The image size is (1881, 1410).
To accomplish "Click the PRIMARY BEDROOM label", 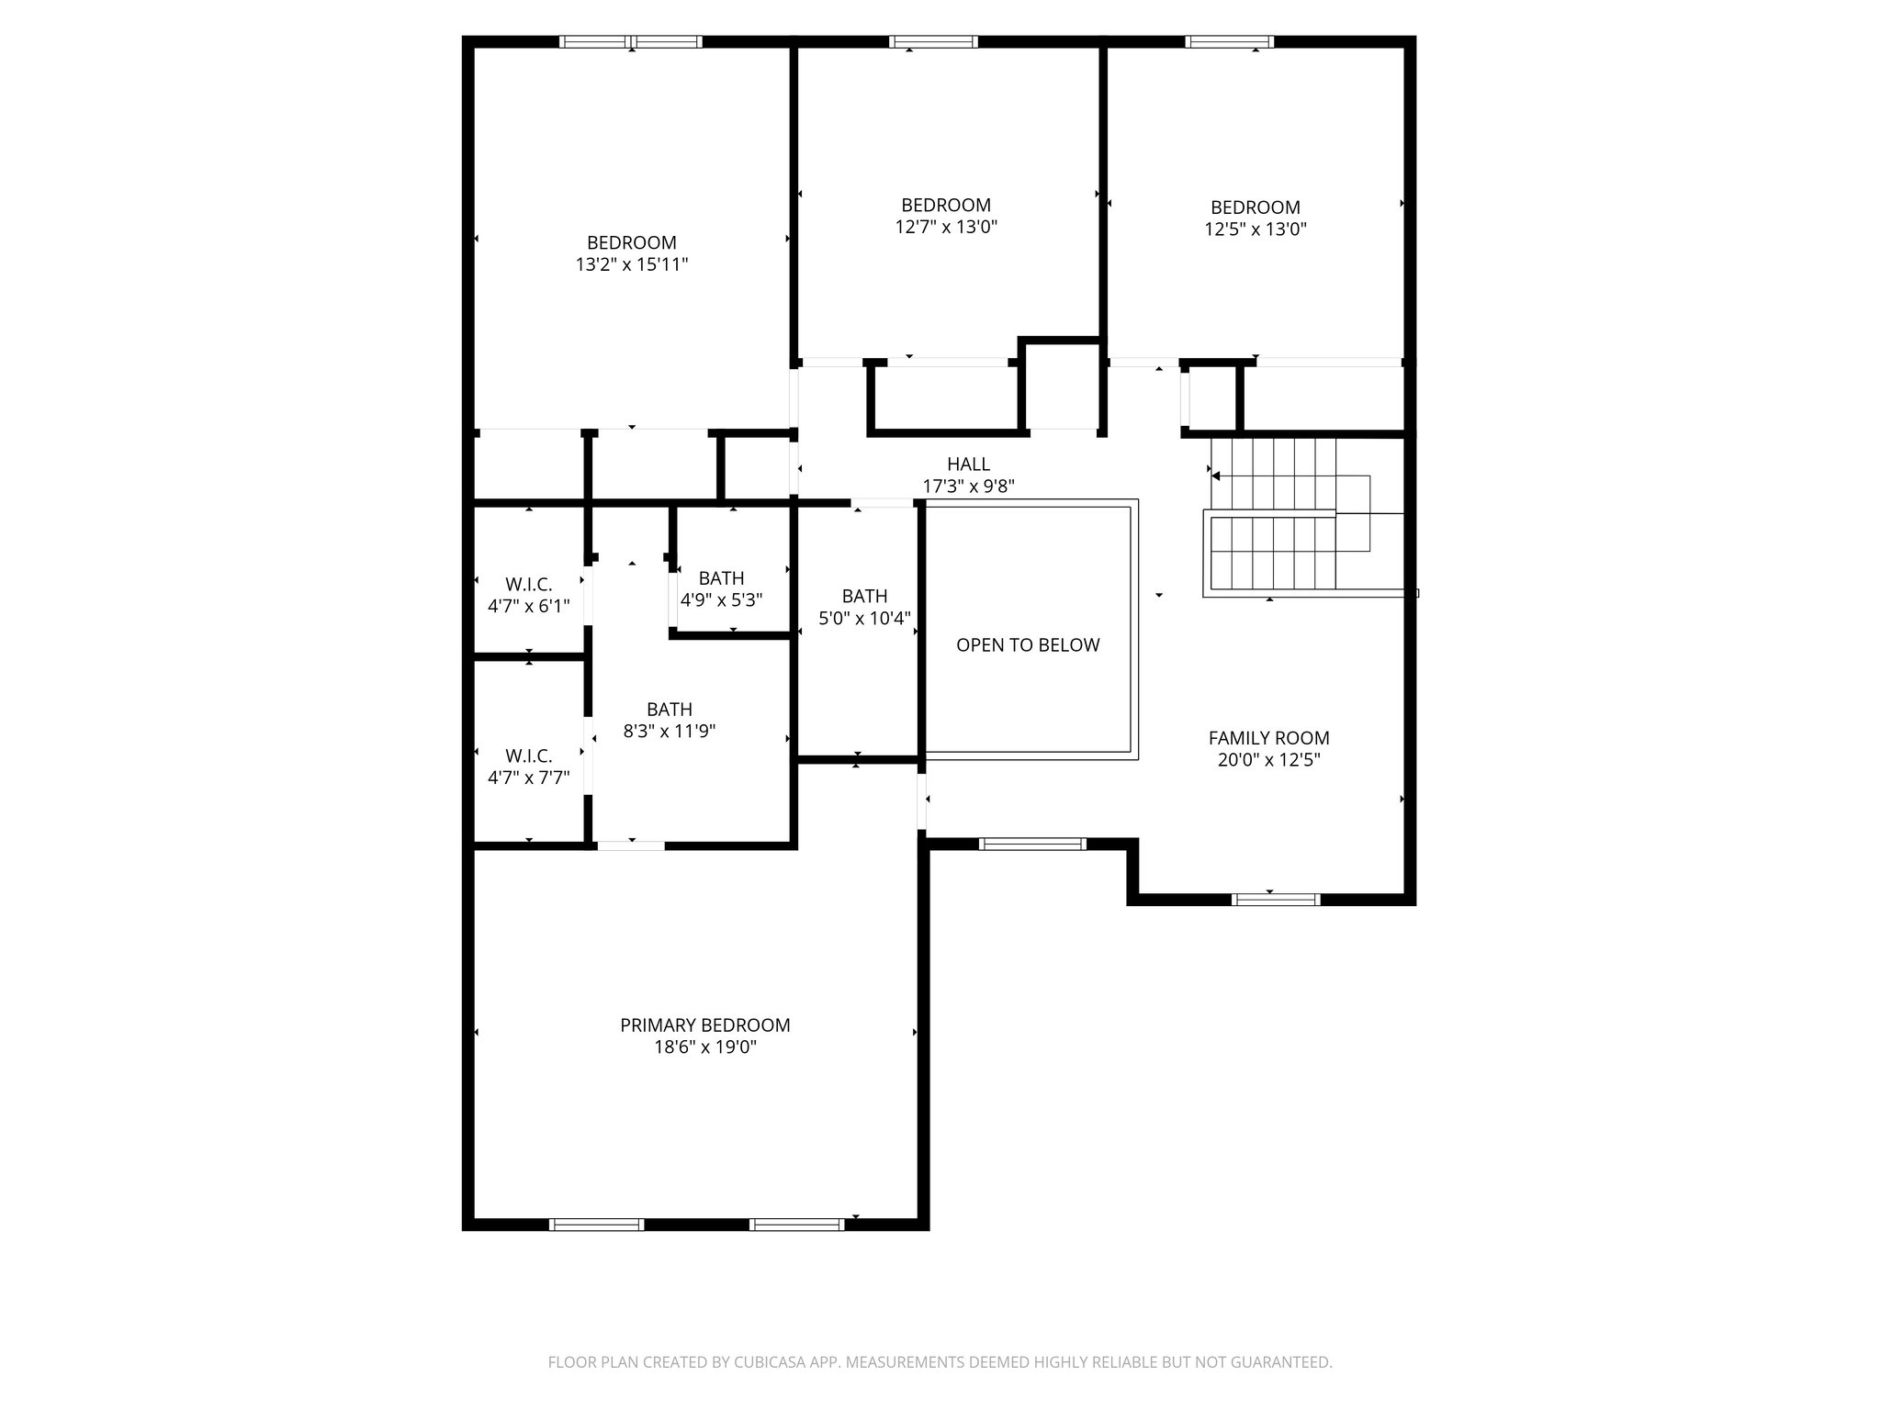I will [704, 1025].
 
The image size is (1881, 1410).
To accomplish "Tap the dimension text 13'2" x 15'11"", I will [632, 265].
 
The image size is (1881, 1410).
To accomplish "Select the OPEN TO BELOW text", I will [1028, 645].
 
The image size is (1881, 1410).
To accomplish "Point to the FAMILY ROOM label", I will [1268, 738].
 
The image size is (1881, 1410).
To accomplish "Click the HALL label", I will [968, 464].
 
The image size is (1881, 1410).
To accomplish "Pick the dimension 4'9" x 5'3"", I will [721, 600].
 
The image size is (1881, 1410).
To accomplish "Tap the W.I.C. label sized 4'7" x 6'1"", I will [528, 585].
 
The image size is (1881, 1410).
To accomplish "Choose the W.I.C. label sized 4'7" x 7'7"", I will [528, 756].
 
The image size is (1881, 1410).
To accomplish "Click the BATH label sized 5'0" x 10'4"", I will [864, 597].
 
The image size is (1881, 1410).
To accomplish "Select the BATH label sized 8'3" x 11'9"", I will [669, 710].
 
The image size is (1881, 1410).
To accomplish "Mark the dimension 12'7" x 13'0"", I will [946, 227].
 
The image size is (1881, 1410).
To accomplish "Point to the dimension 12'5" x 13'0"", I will [1255, 229].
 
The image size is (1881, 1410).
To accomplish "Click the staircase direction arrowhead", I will [1216, 476].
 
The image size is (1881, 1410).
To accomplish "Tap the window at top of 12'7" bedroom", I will [933, 41].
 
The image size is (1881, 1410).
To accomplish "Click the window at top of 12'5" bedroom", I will [1229, 41].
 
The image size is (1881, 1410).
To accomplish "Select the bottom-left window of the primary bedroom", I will [596, 1224].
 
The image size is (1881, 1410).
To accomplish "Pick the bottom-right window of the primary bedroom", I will [796, 1224].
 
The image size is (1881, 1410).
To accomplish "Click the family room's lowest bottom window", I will [1275, 900].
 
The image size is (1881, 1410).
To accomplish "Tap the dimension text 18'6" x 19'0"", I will [704, 1047].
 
